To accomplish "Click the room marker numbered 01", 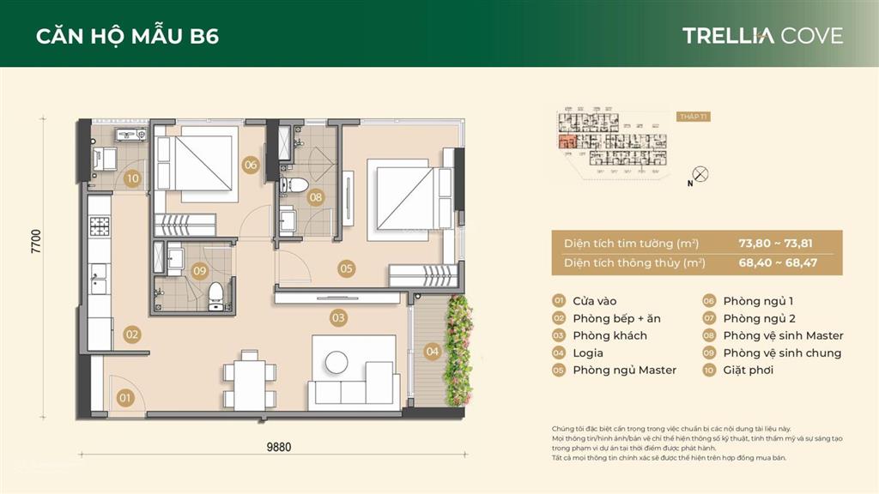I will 125,398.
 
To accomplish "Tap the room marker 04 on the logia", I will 432,351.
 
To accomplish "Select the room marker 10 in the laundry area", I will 132,179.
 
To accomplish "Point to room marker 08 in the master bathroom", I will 316,197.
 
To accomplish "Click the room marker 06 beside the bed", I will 251,165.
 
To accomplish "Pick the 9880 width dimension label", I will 279,446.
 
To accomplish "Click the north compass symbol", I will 700,174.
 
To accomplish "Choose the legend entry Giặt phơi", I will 748,370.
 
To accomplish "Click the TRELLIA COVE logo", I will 762,36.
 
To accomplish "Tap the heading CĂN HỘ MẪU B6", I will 127,37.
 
